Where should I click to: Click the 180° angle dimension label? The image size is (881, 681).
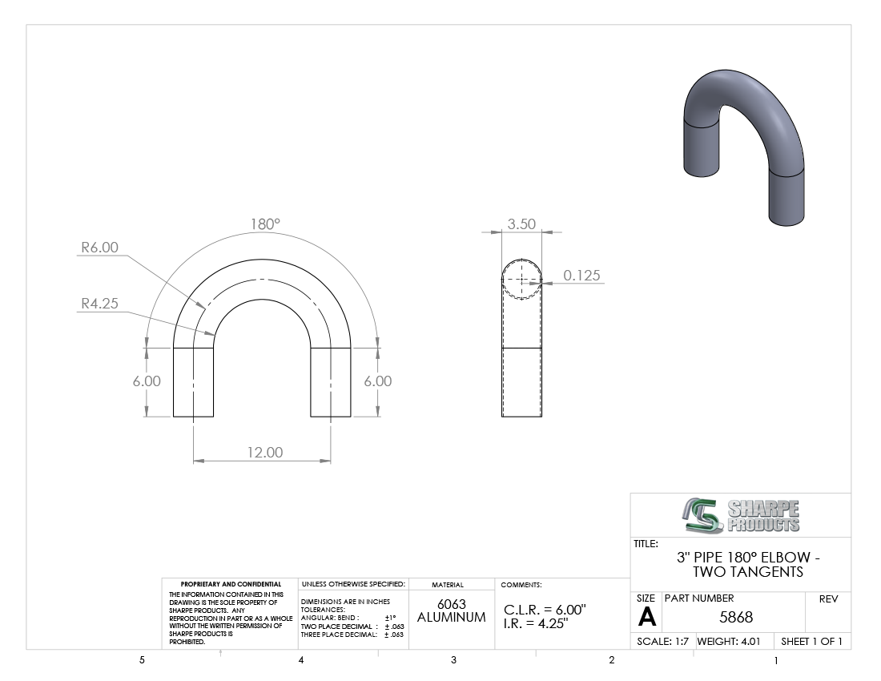click(265, 224)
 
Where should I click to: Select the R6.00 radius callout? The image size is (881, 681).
click(100, 248)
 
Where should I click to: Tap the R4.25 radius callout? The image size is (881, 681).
click(100, 304)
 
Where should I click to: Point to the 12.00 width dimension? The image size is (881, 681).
click(265, 453)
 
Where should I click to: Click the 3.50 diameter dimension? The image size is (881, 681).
click(521, 224)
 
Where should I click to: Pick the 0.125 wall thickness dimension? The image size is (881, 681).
click(581, 276)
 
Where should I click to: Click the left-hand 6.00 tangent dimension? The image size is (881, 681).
click(147, 381)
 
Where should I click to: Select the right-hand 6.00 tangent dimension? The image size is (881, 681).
click(377, 381)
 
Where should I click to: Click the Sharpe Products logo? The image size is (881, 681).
click(741, 515)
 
